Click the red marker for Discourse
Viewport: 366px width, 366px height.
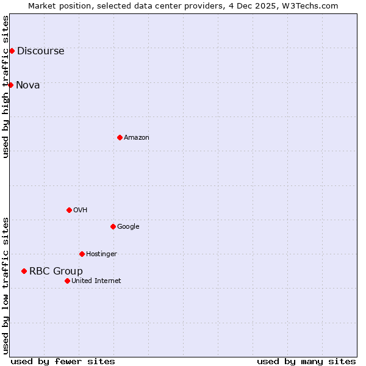tap(12, 51)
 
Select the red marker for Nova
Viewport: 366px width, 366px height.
tap(10, 85)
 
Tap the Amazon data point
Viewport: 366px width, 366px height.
tap(120, 137)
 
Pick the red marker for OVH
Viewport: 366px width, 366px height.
tap(69, 210)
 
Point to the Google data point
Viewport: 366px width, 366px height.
tap(113, 226)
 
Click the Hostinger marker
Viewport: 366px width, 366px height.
tap(82, 254)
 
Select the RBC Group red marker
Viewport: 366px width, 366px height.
tap(24, 271)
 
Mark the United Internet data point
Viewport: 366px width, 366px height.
tap(67, 281)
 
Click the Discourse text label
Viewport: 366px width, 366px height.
tap(41, 51)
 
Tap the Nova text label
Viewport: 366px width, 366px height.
tap(28, 85)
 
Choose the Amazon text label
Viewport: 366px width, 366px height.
tap(137, 138)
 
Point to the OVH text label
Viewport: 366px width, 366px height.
tap(81, 210)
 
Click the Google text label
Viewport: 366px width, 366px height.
tap(128, 227)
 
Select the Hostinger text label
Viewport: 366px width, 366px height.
tap(101, 254)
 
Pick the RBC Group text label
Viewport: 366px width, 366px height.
tap(56, 271)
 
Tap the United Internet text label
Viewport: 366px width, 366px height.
tap(96, 281)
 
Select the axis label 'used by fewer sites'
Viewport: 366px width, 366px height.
tap(63, 361)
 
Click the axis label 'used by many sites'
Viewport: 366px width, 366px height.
tap(306, 361)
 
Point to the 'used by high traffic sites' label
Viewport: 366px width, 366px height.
tap(5, 87)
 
